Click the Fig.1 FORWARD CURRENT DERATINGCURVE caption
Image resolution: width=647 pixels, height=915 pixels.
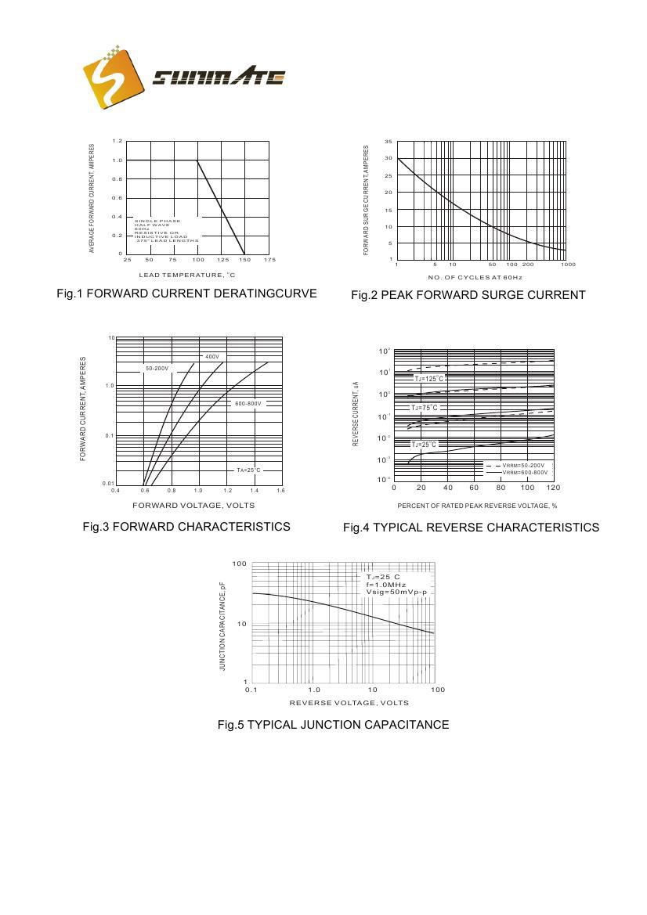point(186,294)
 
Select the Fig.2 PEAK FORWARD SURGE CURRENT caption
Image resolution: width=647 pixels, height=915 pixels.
point(468,295)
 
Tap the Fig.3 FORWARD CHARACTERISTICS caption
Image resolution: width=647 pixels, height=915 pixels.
point(186,527)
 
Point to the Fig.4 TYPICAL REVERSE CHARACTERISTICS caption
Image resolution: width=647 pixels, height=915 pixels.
point(471,528)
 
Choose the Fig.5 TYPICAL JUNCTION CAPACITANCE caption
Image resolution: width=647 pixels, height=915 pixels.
point(333,725)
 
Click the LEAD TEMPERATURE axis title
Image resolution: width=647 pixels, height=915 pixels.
point(187,276)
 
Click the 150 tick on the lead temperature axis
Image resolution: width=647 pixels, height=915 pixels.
point(244,259)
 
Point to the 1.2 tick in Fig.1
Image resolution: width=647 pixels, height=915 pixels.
point(117,141)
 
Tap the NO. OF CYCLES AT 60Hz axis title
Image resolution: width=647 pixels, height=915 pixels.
point(475,277)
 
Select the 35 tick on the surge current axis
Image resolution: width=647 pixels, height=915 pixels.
point(389,142)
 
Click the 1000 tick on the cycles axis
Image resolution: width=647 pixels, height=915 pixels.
point(568,265)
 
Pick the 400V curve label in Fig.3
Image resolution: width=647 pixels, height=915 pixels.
point(211,357)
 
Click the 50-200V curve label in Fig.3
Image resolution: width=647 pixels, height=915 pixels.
point(157,368)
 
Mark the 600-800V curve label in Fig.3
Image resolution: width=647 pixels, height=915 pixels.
point(248,404)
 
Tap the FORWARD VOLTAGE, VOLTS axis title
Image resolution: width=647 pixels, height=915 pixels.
point(199,505)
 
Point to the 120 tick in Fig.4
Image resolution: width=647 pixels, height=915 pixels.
point(553,488)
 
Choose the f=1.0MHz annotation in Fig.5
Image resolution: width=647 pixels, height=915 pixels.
point(385,585)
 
